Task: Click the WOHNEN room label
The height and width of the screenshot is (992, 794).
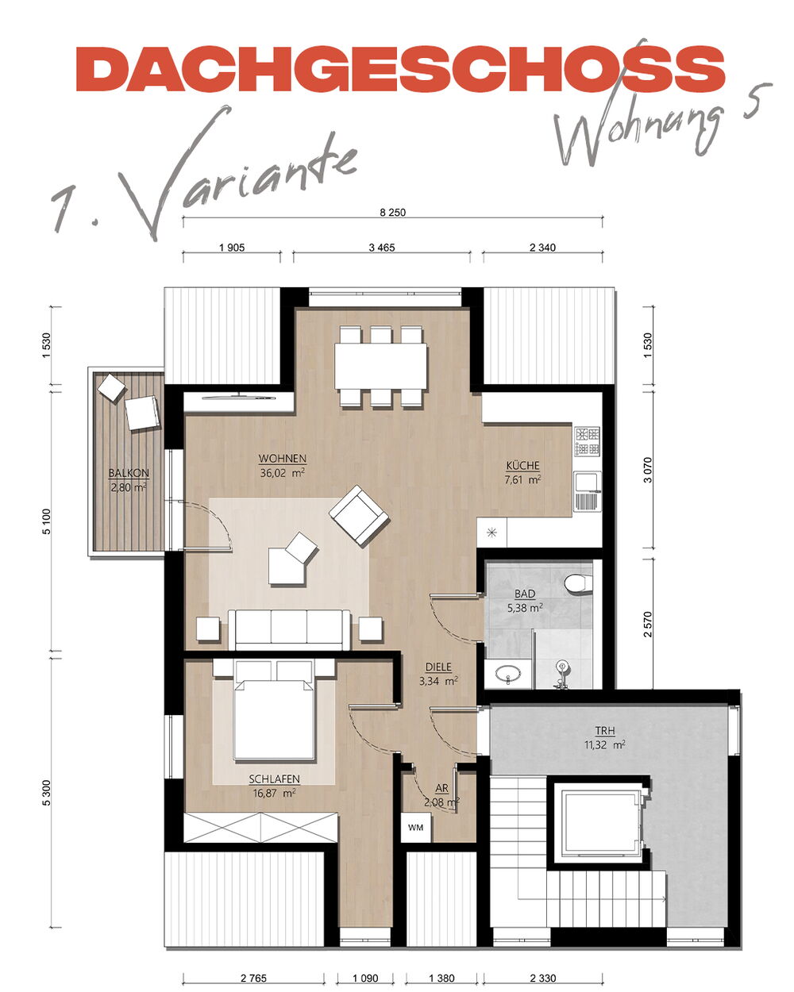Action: click(x=282, y=459)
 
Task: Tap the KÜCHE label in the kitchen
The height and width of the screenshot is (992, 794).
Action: click(x=522, y=466)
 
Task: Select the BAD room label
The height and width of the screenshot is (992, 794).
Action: click(x=525, y=594)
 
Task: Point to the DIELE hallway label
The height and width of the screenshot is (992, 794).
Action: click(x=438, y=667)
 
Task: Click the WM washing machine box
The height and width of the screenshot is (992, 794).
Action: click(x=416, y=828)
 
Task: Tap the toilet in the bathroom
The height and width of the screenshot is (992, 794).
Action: click(x=579, y=583)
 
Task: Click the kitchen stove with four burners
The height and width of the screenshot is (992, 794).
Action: click(x=588, y=441)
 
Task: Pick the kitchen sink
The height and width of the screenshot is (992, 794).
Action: click(x=588, y=491)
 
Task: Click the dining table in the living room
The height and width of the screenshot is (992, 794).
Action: click(x=380, y=367)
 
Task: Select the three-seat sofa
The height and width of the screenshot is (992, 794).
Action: click(x=289, y=629)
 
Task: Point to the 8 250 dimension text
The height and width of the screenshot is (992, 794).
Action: click(x=392, y=213)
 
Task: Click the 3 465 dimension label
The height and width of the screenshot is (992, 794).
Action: click(x=382, y=248)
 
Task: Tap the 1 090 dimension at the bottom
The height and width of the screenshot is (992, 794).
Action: click(x=365, y=978)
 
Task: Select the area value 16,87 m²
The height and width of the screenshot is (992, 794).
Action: click(x=275, y=793)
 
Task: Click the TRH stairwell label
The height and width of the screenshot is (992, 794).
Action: click(x=605, y=731)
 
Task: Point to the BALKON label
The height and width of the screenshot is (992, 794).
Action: click(x=129, y=472)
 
